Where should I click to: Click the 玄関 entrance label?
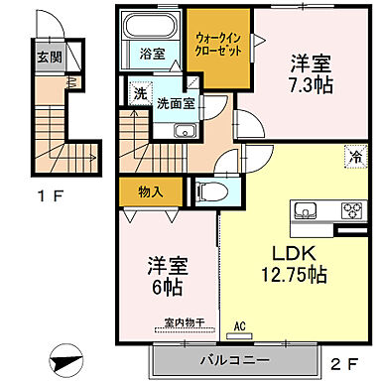point(50,56)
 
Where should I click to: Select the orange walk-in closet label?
point(217,43)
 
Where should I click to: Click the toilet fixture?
point(203,190)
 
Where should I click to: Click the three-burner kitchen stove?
point(353,210)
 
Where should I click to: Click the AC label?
point(239,324)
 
